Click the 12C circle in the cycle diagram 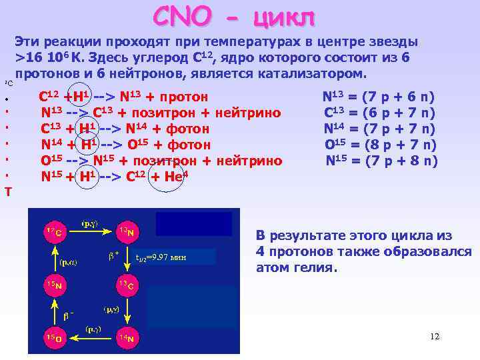(x=52, y=233)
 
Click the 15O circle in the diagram (x=52, y=338)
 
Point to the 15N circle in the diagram (x=52, y=285)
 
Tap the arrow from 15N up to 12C (x=52, y=259)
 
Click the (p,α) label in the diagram (x=68, y=262)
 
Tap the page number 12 (x=435, y=337)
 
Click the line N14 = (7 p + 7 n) (x=380, y=128)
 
